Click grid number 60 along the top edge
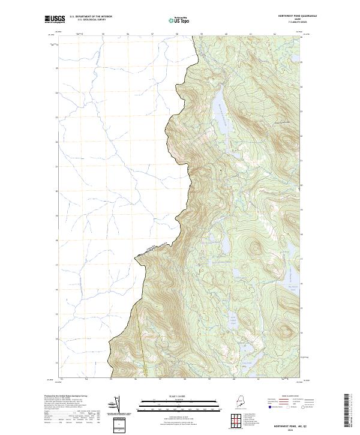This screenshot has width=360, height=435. click(226, 34)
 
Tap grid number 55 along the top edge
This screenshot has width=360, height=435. click(103, 34)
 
